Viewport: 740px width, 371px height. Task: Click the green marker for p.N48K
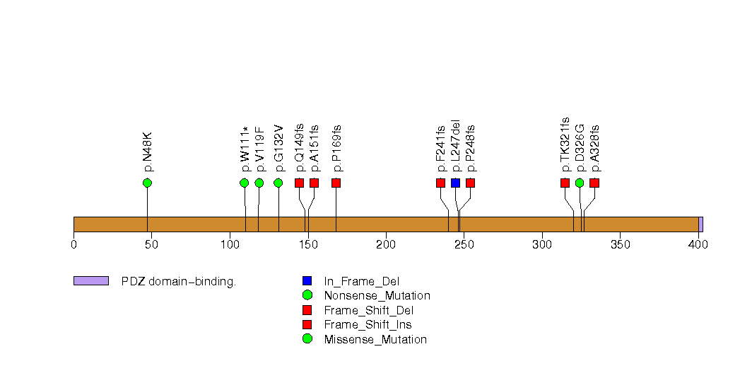[x=147, y=183]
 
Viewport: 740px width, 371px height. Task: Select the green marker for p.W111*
[x=245, y=183]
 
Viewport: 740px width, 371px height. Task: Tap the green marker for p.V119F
[x=259, y=183]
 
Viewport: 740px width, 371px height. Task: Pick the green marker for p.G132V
[x=278, y=183]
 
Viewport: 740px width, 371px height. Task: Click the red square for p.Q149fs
[x=300, y=183]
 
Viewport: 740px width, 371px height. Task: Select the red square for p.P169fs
[x=336, y=183]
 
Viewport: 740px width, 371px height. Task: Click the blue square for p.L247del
[x=456, y=183]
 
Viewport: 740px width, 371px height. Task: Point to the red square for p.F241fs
[x=441, y=183]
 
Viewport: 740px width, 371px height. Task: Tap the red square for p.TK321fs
[x=565, y=183]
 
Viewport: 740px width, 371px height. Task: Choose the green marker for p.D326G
[x=580, y=183]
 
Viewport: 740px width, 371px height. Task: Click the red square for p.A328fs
[x=594, y=183]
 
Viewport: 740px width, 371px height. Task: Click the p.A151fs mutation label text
[x=315, y=148]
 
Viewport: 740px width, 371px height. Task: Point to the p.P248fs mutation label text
[x=471, y=148]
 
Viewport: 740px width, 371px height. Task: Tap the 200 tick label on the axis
[x=386, y=245]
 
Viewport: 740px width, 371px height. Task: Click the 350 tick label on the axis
[x=620, y=245]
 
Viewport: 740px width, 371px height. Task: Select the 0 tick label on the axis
[x=74, y=245]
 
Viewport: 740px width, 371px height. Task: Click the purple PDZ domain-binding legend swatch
[x=90, y=281]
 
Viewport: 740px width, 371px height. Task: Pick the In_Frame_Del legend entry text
[x=361, y=281]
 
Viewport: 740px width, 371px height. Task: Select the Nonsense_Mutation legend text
[x=377, y=295]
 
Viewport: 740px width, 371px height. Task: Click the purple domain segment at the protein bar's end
[x=700, y=224]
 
